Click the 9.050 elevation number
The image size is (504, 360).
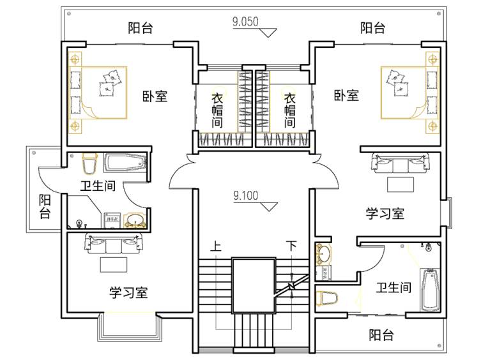[x=245, y=21]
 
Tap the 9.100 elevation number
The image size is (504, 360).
[x=246, y=196]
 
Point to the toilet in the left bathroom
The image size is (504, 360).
[x=89, y=165]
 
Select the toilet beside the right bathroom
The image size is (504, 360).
[x=327, y=298]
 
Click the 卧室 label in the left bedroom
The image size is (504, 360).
[x=155, y=97]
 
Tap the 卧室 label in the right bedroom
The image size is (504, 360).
[x=346, y=96]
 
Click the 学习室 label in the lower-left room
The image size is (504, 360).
[x=128, y=293]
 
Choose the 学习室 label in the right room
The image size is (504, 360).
[x=385, y=213]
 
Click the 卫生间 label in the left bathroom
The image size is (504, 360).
[x=97, y=187]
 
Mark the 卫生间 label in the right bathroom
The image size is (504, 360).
[x=393, y=289]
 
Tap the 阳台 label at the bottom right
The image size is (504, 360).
[x=381, y=335]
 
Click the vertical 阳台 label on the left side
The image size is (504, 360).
[x=44, y=207]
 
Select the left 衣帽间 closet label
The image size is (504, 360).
[x=218, y=110]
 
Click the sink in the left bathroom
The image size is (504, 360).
[x=135, y=221]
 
